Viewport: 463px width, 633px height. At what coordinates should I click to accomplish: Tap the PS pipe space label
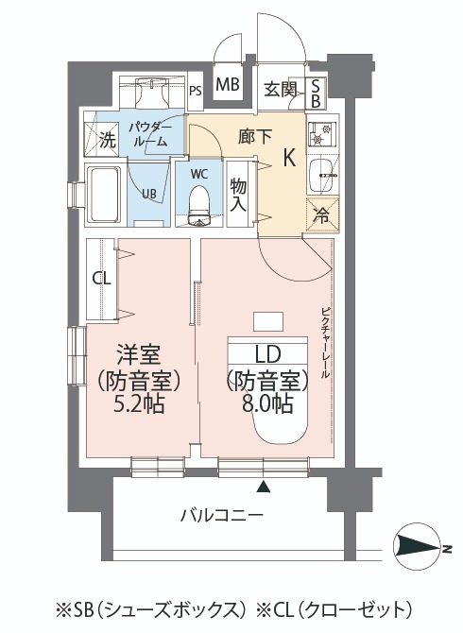coord(196,92)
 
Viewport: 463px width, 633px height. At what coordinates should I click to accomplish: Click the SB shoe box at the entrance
coord(316,90)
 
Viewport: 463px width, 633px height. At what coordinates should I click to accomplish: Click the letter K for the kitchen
coord(291,159)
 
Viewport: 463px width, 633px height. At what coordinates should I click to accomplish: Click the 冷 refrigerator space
coord(321,214)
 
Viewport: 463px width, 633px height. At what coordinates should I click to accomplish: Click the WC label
coord(199,174)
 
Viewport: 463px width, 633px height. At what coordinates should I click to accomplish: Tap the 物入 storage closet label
coord(240,196)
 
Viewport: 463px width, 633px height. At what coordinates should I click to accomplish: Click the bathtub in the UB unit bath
coord(105,195)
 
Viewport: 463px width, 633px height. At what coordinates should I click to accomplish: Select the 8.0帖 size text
coord(267,404)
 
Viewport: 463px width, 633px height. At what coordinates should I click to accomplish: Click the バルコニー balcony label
coord(223,514)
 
